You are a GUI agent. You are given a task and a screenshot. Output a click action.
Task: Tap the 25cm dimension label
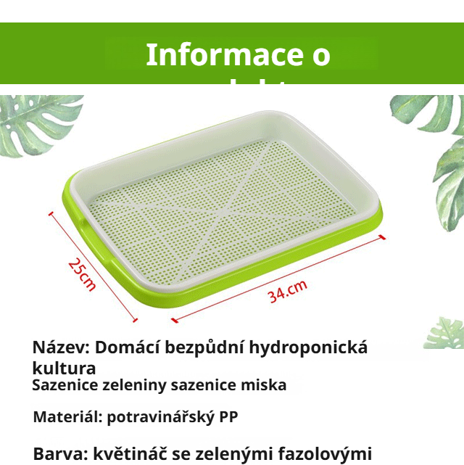(81, 273)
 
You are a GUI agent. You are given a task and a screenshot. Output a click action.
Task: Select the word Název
(60, 347)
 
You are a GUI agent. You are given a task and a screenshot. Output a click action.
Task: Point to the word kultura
(64, 367)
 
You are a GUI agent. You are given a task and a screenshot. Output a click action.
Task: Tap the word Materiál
(67, 418)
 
